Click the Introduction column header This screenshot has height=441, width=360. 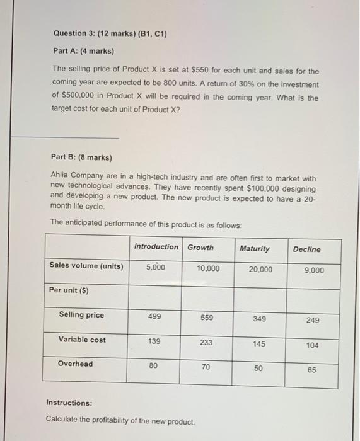click(156, 247)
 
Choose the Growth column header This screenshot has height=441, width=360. click(200, 247)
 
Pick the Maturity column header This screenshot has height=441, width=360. click(255, 249)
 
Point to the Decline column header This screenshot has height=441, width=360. click(306, 249)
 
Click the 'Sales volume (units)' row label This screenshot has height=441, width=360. click(86, 266)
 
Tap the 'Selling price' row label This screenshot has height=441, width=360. click(81, 315)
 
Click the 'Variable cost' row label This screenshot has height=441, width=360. click(82, 340)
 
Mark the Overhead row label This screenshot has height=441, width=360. click(75, 364)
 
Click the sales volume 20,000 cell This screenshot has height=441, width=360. click(260, 269)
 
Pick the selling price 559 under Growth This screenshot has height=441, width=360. click(207, 318)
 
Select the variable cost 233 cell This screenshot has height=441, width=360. click(207, 343)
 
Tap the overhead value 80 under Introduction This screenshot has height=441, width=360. click(154, 365)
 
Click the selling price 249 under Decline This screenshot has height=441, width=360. click(313, 320)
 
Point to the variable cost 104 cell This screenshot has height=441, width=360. click(312, 345)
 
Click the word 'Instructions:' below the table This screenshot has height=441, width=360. click(69, 403)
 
